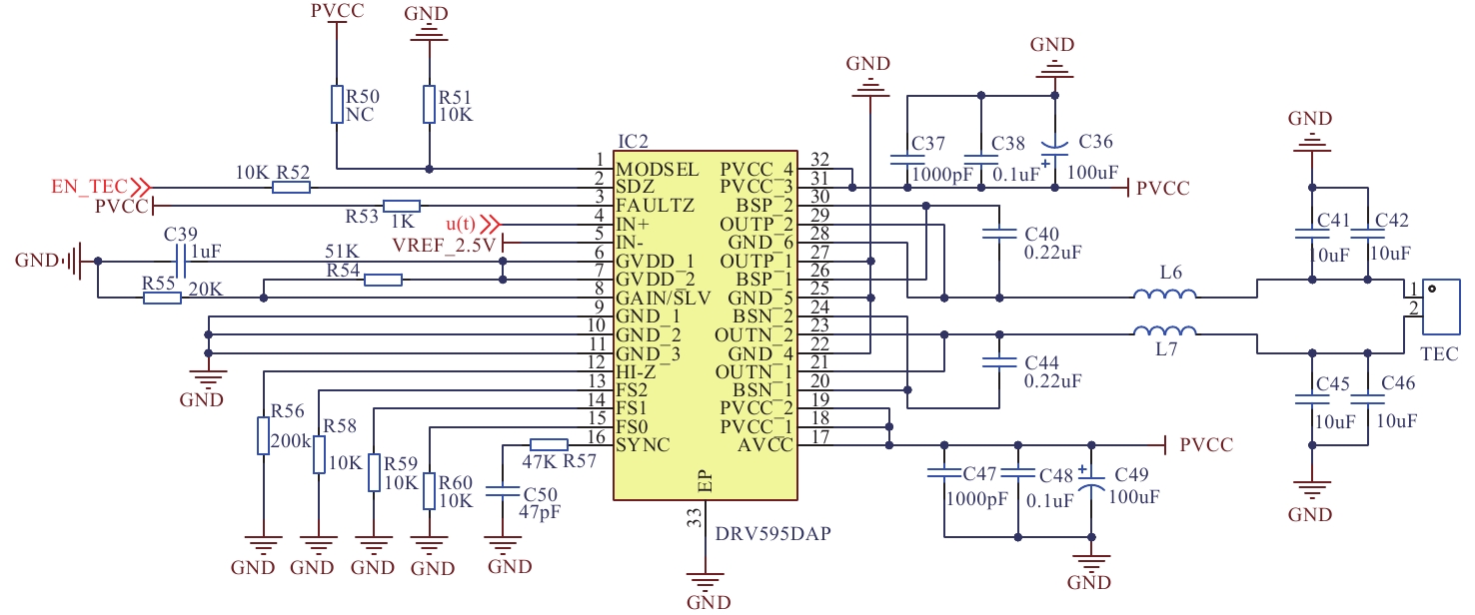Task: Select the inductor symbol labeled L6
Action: point(1164,295)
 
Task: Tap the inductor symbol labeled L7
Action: point(1164,332)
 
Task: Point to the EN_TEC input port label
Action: point(89,187)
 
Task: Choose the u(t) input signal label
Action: point(461,223)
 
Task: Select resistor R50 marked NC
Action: point(337,104)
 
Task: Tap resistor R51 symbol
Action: point(430,104)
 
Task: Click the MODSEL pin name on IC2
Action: point(657,168)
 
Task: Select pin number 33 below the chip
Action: point(694,517)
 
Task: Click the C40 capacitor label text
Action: point(1043,234)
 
